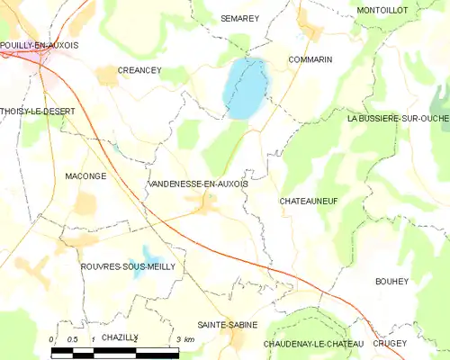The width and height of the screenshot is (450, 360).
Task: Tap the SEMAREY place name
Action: [239, 18]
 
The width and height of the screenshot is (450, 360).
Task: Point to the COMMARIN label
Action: [310, 59]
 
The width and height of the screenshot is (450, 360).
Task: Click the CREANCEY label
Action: [139, 69]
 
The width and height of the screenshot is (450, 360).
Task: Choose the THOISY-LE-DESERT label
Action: [38, 111]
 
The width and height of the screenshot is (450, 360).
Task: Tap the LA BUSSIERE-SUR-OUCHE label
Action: [397, 118]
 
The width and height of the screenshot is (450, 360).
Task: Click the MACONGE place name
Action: [86, 176]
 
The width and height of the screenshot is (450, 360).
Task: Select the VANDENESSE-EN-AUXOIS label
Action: [197, 183]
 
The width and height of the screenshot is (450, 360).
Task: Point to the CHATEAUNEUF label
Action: [309, 201]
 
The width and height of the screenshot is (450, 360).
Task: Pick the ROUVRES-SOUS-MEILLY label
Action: [121, 267]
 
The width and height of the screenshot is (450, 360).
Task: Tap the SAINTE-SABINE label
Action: [228, 324]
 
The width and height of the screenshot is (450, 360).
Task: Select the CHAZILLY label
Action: [120, 336]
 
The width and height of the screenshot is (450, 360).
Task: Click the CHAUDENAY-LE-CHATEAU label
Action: [314, 344]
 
